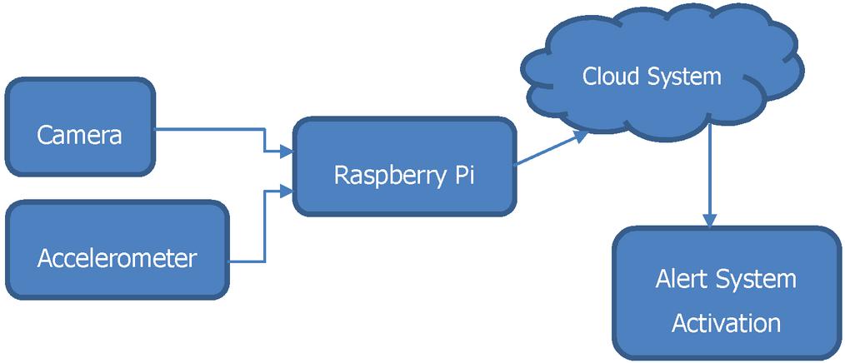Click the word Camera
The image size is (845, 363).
79,135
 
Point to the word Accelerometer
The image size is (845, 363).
117,258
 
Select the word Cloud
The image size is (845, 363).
611,77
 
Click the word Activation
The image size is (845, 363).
726,322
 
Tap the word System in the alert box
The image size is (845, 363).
757,279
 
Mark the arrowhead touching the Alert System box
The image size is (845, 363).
709,221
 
